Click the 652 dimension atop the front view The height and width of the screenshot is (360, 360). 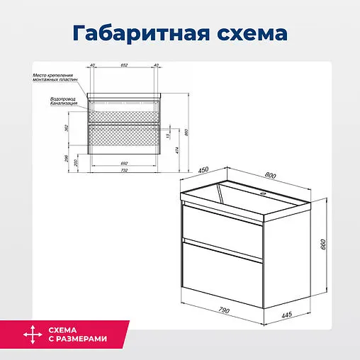point(124,65)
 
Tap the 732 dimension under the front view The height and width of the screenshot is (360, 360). point(124,171)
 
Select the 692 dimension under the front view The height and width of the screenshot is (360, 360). point(124,163)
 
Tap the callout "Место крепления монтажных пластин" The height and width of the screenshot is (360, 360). point(52,78)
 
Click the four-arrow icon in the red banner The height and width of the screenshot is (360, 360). point(30,334)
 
